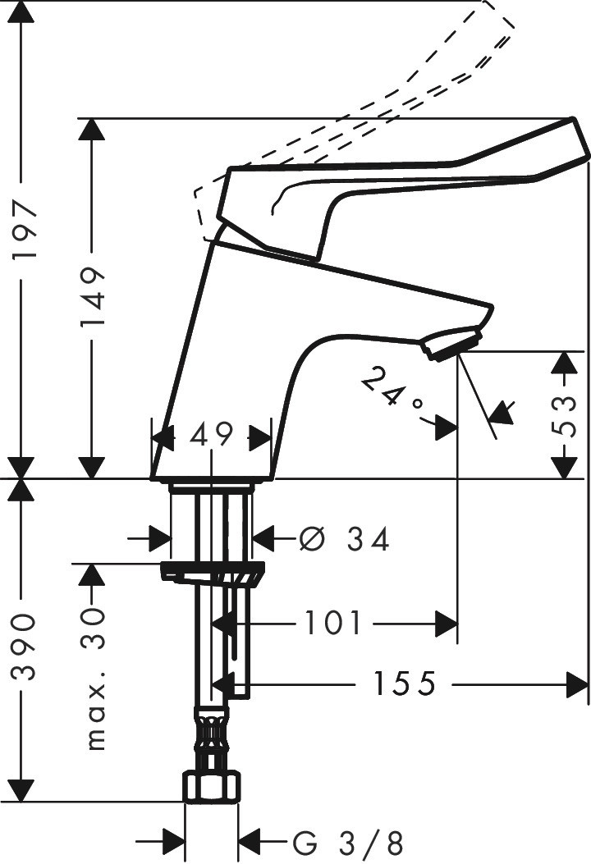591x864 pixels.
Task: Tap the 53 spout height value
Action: pyautogui.click(x=565, y=416)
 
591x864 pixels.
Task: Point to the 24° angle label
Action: pyautogui.click(x=392, y=388)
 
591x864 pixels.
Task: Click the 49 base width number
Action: pyautogui.click(x=211, y=436)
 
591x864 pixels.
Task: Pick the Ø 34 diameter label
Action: pyautogui.click(x=345, y=539)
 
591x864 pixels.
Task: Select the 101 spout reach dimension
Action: pyautogui.click(x=333, y=624)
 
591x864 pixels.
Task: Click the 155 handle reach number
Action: pyautogui.click(x=405, y=683)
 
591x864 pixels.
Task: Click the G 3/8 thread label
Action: pyautogui.click(x=348, y=843)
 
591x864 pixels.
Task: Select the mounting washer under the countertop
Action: pyautogui.click(x=213, y=572)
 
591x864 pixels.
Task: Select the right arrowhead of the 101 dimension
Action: pyautogui.click(x=447, y=624)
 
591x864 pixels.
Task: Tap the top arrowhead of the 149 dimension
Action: pyautogui.click(x=91, y=132)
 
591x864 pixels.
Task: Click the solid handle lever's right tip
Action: pyautogui.click(x=575, y=121)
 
